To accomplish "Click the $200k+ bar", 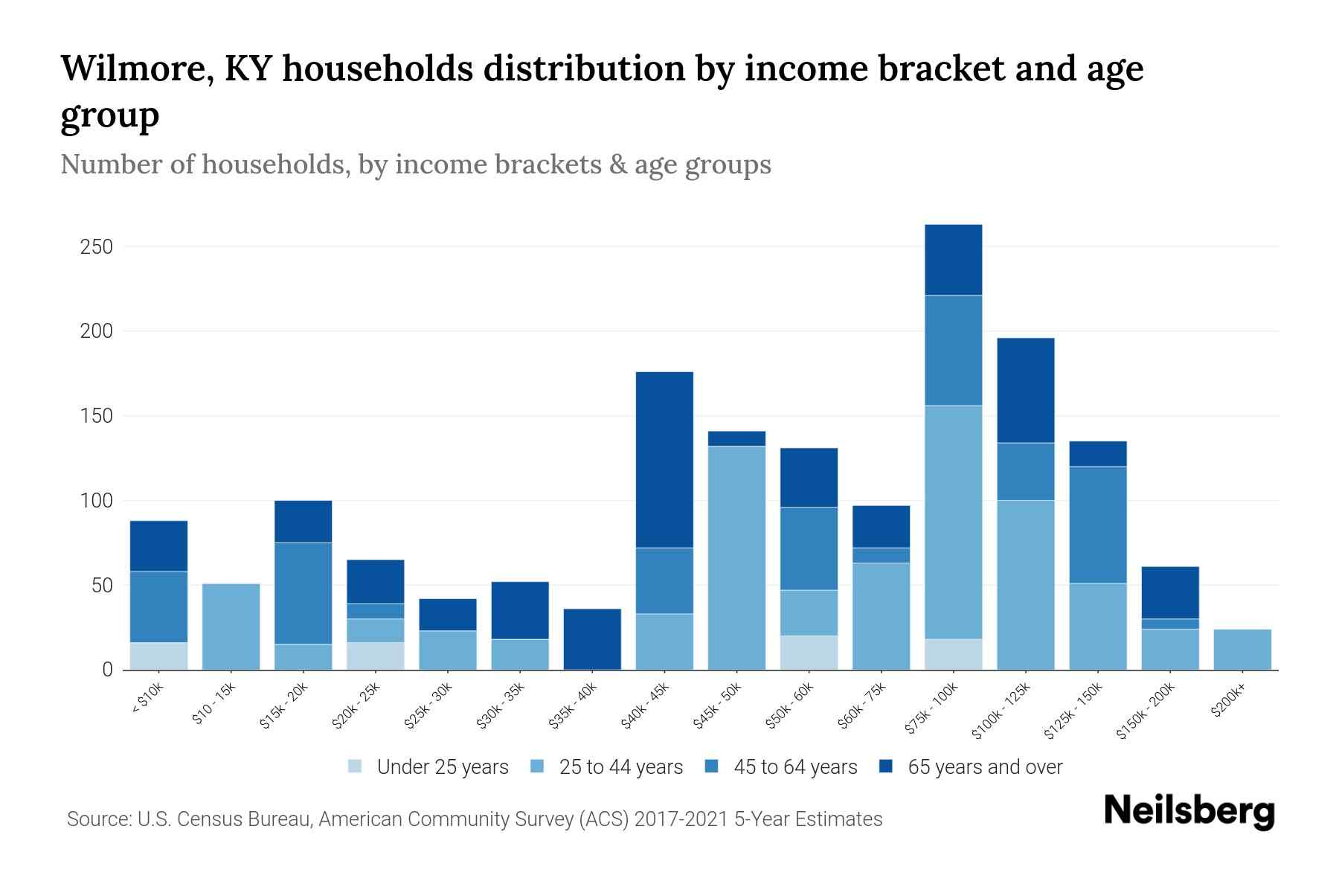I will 1242,650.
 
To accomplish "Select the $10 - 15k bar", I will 231,627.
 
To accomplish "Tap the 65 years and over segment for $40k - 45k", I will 664,460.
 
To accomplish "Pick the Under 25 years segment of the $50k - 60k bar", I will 809,653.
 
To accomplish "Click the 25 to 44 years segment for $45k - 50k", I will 736,558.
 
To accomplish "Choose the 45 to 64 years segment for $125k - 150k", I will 1097,525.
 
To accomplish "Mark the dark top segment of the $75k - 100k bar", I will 953,260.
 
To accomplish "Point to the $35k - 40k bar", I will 592,639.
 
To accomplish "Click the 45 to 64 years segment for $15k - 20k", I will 303,593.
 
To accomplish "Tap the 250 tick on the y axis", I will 96,247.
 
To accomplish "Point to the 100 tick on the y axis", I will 96,501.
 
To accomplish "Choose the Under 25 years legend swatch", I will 356,766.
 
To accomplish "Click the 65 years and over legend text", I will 985,766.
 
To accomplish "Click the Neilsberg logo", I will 1189,811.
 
